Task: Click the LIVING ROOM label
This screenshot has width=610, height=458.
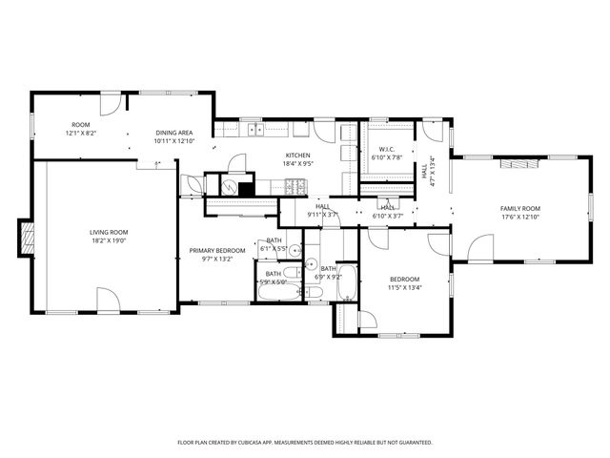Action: click(109, 232)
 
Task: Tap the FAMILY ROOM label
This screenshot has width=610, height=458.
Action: click(520, 208)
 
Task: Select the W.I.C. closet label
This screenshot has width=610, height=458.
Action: click(386, 148)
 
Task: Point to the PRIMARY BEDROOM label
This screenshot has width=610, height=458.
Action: click(216, 250)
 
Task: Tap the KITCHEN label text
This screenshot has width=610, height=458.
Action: click(298, 155)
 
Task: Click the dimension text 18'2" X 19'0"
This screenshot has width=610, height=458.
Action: click(109, 240)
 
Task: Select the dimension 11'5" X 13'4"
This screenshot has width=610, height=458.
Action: click(404, 287)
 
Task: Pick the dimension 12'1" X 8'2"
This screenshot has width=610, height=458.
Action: click(80, 134)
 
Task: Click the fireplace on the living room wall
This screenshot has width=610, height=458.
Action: click(26, 237)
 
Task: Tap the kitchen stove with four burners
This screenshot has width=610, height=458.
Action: click(303, 184)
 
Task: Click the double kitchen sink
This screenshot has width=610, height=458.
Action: click(254, 130)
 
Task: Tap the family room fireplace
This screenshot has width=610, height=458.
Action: click(518, 163)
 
